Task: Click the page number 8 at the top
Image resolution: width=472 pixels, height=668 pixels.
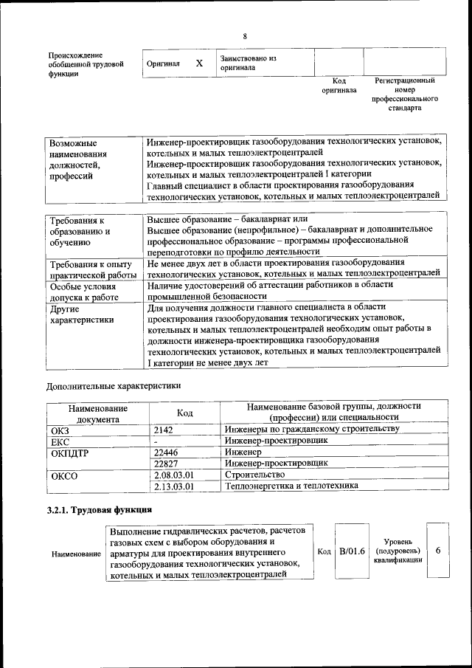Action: pos(245,37)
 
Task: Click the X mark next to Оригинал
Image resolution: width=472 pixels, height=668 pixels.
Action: pos(198,63)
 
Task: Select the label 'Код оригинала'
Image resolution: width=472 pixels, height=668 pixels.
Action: pos(339,85)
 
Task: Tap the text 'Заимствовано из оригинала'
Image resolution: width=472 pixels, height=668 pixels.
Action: pos(247,63)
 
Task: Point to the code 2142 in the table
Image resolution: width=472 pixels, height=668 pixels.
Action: pos(164,429)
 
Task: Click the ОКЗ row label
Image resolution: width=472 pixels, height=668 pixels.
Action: pos(60,429)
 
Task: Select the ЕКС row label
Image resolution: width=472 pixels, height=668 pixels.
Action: pos(60,441)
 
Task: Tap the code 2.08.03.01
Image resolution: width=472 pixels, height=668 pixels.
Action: pos(173,475)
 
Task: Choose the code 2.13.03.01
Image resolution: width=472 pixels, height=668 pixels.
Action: pos(173,486)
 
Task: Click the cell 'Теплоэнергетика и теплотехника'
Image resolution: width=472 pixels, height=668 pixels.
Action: pos(292,486)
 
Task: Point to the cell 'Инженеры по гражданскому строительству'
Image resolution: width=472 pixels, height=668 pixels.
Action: pos(312,429)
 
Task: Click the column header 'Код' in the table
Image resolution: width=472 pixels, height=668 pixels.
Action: pos(185,413)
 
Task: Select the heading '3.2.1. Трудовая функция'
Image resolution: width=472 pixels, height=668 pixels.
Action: pos(100,510)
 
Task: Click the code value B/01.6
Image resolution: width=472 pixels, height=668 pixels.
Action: pos(352,551)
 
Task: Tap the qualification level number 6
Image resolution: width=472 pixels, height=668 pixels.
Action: pos(438,551)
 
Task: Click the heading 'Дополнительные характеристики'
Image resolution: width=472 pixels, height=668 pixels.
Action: pos(113,385)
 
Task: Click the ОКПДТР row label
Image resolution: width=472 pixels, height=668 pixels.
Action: pos(69,452)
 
